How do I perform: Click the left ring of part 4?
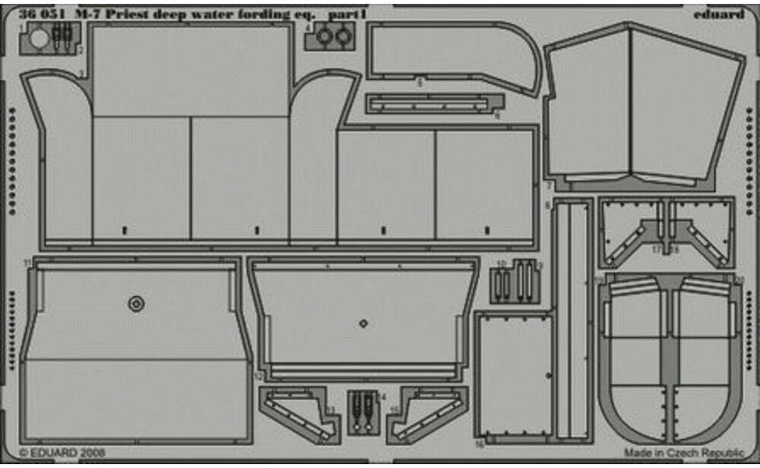tap(325, 36)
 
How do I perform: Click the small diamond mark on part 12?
tap(363, 323)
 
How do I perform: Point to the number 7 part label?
tap(548, 186)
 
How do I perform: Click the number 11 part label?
tap(27, 262)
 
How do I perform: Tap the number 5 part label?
tap(419, 83)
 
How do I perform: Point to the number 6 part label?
tap(497, 116)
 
